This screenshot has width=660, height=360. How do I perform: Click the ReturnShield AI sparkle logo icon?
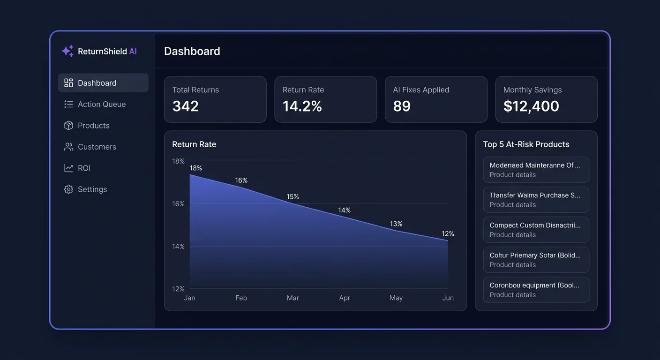67,51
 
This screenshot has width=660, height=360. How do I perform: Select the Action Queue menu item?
101,105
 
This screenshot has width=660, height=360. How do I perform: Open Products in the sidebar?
93,126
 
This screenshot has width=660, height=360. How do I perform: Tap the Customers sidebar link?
97,147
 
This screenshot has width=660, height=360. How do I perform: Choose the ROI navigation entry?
84,168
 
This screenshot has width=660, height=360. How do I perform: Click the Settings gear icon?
69,189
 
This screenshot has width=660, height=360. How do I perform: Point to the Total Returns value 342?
186,106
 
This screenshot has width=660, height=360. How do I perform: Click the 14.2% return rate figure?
302,106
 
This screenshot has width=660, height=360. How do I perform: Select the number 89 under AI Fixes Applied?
402,106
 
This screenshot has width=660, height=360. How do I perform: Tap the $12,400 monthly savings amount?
531,106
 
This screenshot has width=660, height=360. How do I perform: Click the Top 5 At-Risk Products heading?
526,144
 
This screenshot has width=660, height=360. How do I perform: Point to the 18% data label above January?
196,168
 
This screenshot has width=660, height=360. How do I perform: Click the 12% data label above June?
448,234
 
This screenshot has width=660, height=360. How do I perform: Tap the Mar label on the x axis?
292,298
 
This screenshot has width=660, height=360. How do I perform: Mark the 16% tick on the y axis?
179,204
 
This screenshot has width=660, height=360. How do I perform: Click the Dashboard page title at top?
192,51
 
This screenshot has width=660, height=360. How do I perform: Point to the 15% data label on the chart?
292,197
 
